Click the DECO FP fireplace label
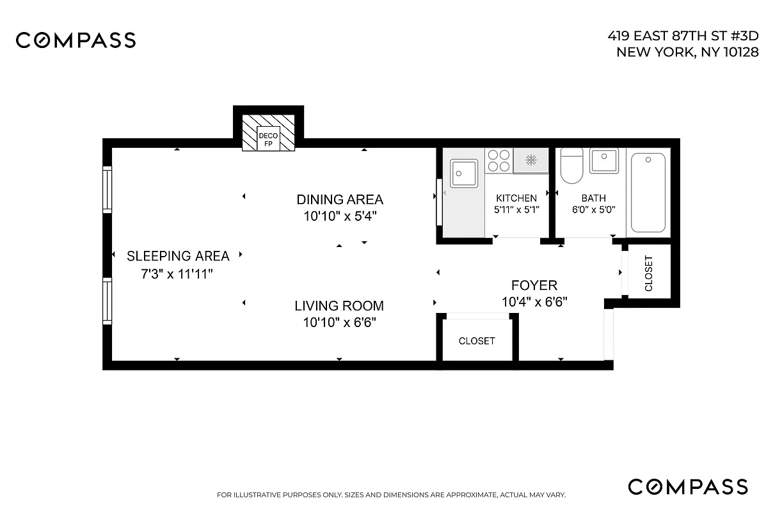pos(268,140)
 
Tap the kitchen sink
pos(464,173)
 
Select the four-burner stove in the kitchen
pos(499,161)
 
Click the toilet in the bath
pos(571,166)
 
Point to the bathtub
pos(648,193)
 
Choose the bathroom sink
pos(603,161)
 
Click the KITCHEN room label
pos(516,198)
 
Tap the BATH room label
pos(593,198)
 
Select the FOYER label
pos(534,285)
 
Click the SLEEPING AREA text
pos(178,257)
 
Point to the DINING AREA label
pos(339,200)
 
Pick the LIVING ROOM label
pos(339,306)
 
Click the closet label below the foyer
pos(477,341)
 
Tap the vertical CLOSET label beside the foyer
pos(649,274)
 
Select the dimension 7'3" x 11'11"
pos(177,274)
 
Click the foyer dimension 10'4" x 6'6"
pos(534,301)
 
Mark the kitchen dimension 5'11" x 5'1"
pos(516,209)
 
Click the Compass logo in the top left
pos(76,40)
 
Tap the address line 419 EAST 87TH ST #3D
pos(683,37)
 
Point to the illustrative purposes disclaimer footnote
pos(391,495)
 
